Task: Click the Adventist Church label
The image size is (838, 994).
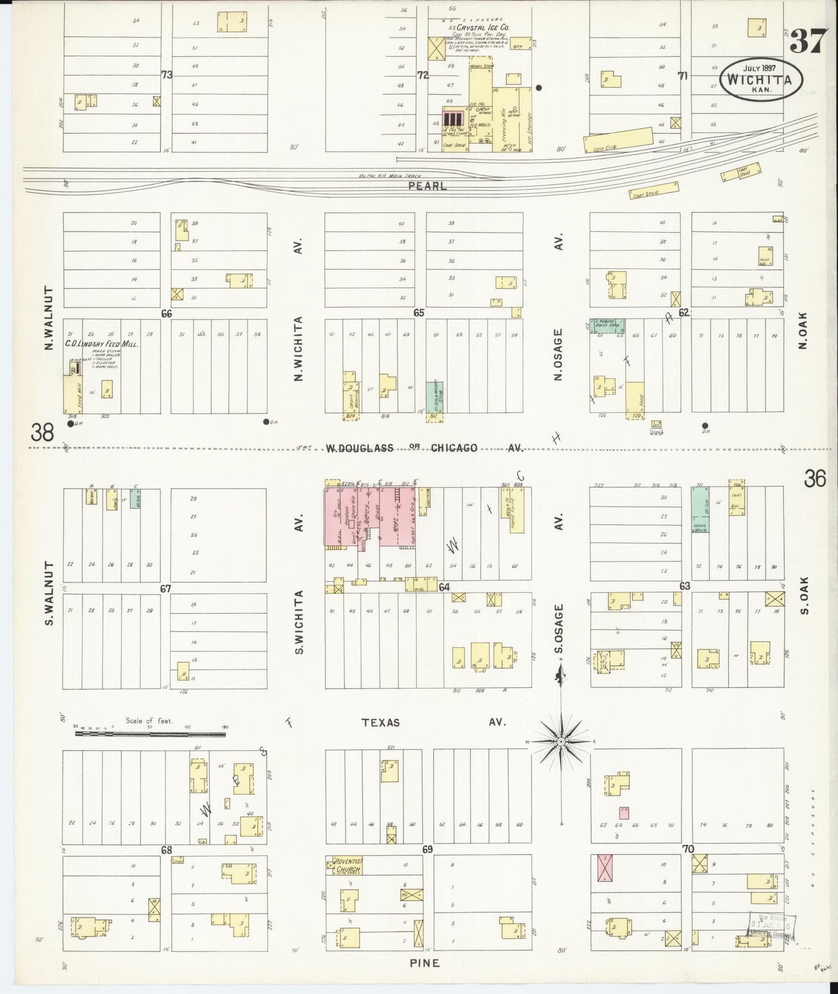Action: click(347, 866)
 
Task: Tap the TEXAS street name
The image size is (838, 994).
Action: click(380, 723)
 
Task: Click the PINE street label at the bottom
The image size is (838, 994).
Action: click(426, 963)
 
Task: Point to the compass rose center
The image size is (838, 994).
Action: click(561, 742)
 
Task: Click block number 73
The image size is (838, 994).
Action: click(167, 74)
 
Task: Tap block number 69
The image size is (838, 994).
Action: click(428, 850)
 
